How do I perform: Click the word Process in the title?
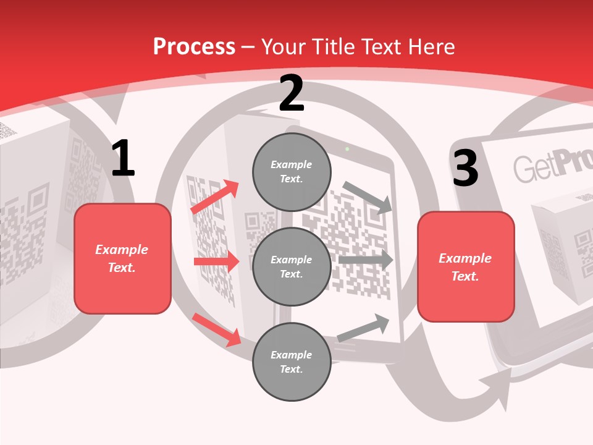[194, 46]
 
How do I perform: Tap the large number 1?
[123, 158]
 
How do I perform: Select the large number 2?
[291, 93]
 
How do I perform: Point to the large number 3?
[465, 168]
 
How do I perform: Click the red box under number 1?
[122, 258]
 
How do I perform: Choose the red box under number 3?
[466, 267]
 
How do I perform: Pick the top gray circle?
[292, 172]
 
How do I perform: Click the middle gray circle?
[292, 266]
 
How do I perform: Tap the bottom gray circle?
[292, 362]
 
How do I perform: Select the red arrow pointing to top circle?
[215, 197]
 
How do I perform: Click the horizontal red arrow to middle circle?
[216, 261]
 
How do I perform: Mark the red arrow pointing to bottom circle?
[216, 329]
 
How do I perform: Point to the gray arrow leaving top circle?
[368, 197]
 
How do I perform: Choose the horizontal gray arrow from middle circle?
[366, 260]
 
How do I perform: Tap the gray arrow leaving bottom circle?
[363, 328]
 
